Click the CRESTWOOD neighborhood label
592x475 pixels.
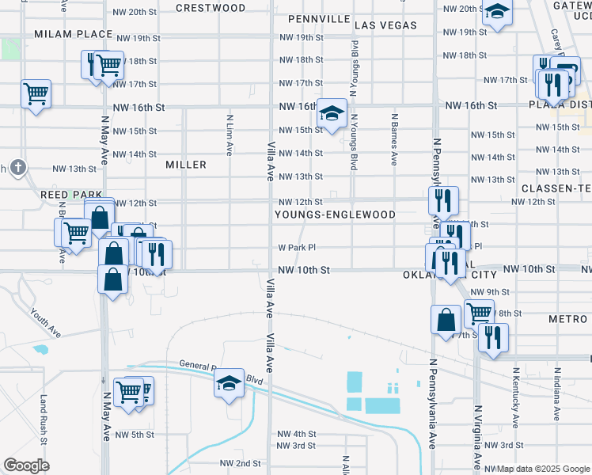[x=211, y=8]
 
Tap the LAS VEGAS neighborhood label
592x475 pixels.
[x=385, y=25]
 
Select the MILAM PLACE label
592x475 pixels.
[x=73, y=34]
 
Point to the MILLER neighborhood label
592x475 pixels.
[x=186, y=165]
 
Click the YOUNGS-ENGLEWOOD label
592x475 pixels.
[x=335, y=215]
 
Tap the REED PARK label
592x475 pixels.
[x=71, y=194]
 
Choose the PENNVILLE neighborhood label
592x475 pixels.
[x=319, y=17]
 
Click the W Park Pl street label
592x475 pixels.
[x=297, y=247]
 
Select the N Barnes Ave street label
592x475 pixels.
[x=393, y=139]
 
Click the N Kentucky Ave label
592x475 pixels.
[x=516, y=393]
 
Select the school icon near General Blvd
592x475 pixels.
[x=229, y=384]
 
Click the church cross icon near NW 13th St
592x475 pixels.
[x=18, y=168]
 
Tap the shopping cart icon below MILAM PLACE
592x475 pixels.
[x=36, y=93]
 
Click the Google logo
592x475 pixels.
[x=26, y=465]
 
